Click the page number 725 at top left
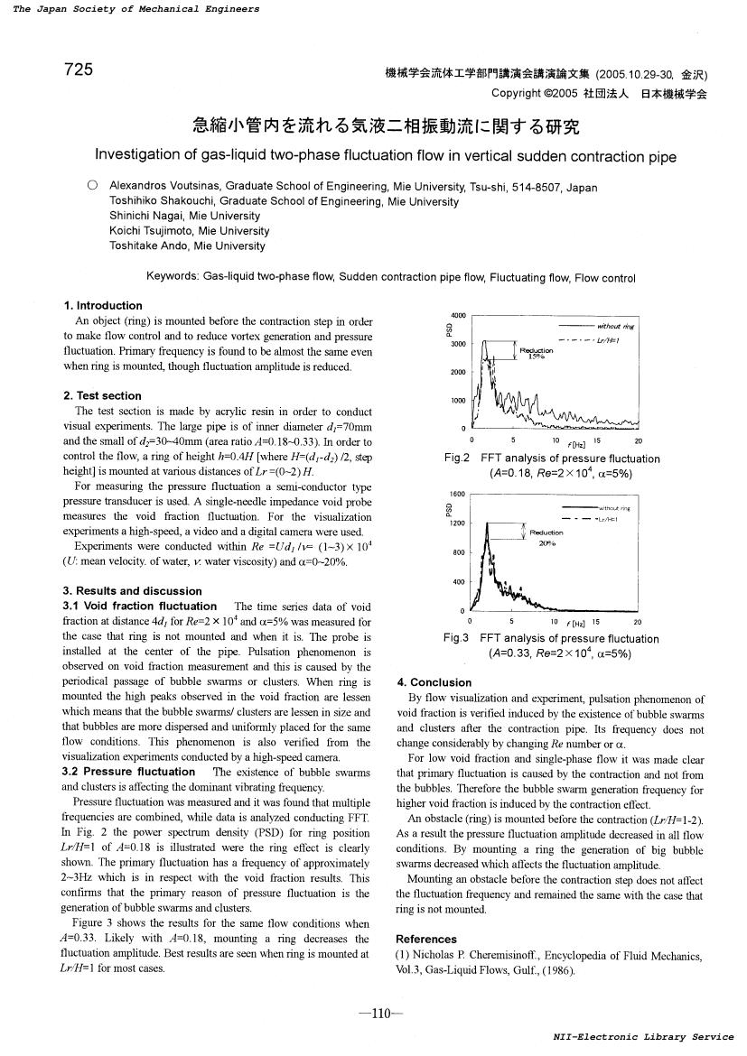[79, 69]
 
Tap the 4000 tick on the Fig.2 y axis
[458, 316]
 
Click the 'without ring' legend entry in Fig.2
[617, 326]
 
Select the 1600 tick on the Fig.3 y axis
[457, 495]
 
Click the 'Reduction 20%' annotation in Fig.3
[546, 538]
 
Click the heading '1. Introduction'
[103, 306]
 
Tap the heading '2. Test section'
[102, 396]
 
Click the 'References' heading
[426, 940]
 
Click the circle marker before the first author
[92, 186]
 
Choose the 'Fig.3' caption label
[457, 639]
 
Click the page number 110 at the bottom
[373, 1014]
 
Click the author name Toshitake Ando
[150, 245]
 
